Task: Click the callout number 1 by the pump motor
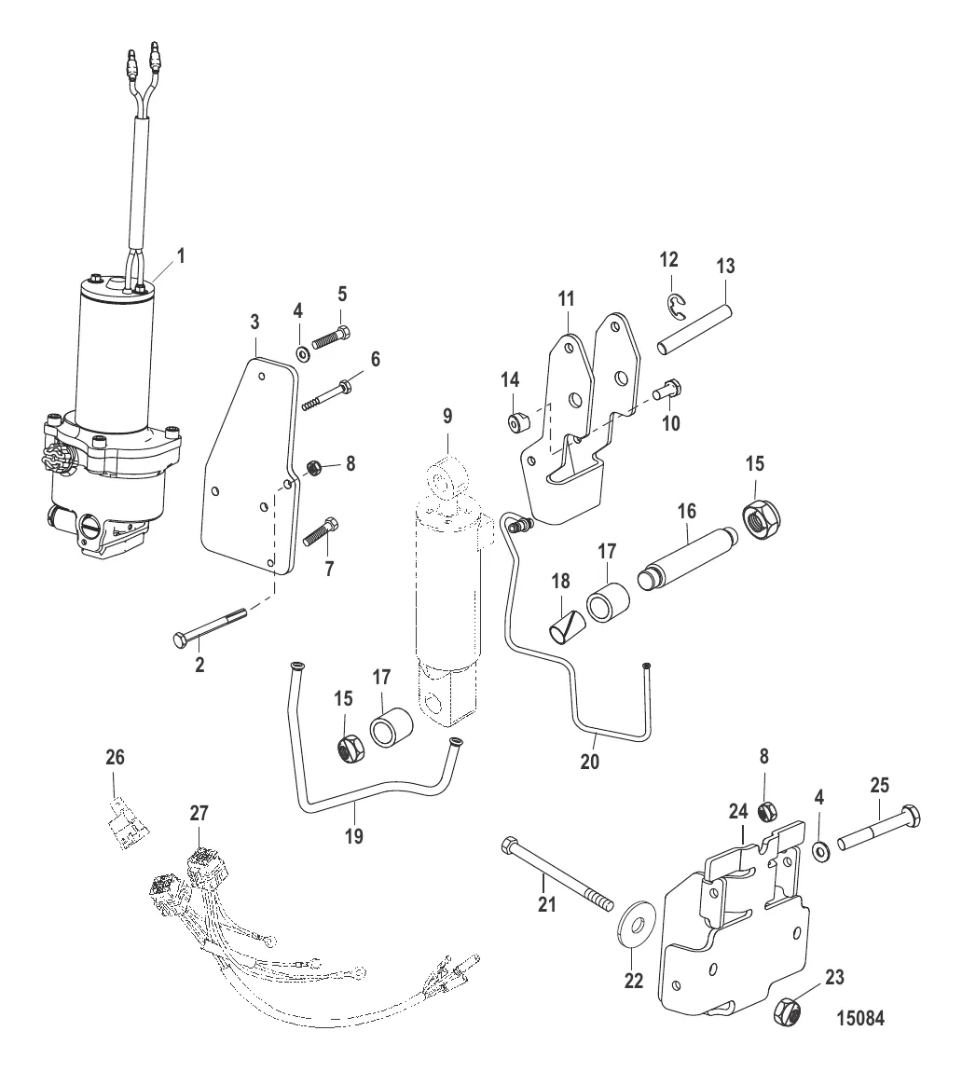pos(181,256)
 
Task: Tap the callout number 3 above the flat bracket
pos(254,322)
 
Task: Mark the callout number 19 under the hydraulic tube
pos(354,836)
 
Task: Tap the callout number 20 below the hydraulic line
pos(589,762)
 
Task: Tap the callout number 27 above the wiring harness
pos(199,813)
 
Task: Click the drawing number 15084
pos(860,1019)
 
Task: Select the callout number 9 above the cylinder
pos(447,416)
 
